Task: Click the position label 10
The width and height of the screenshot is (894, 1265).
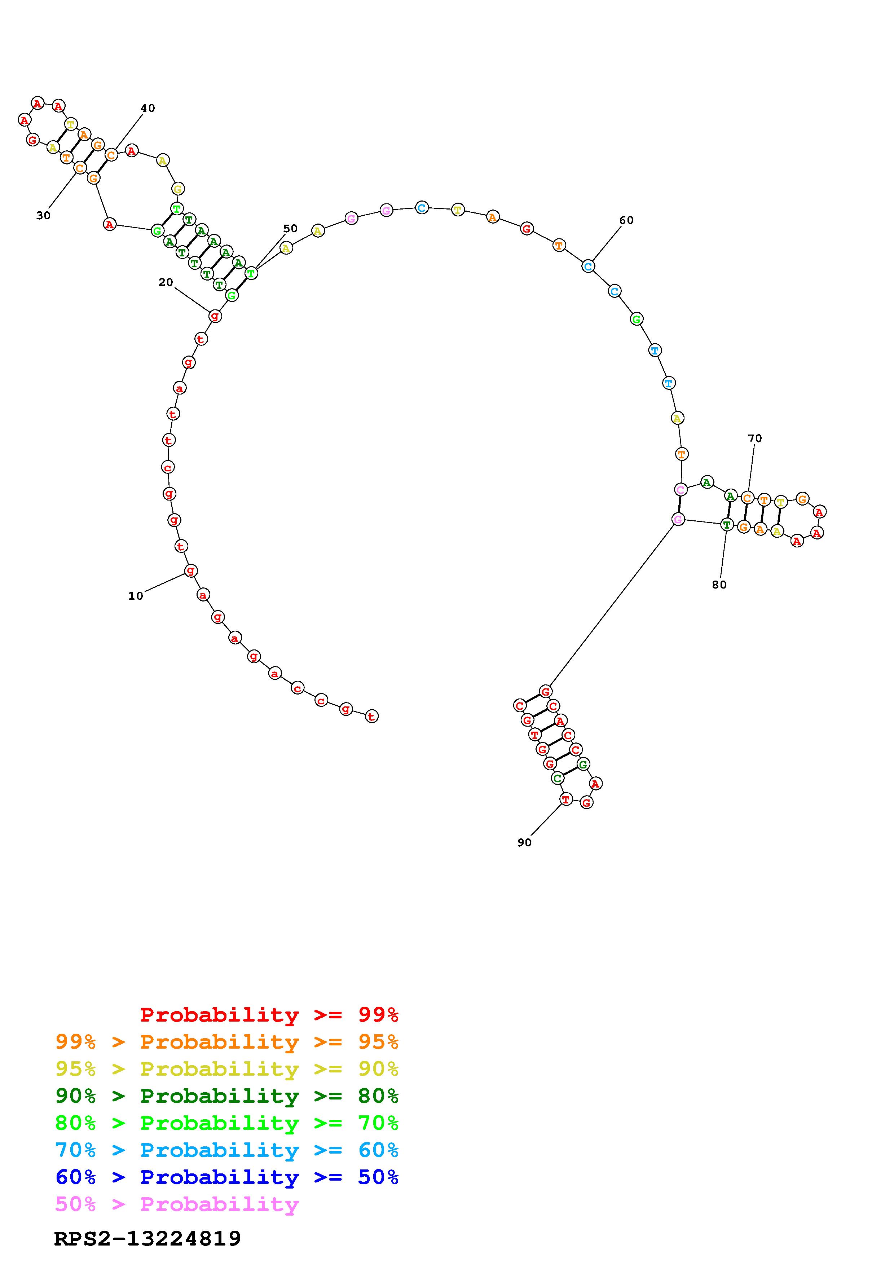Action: coord(136,596)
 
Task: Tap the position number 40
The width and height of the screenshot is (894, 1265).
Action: coord(147,108)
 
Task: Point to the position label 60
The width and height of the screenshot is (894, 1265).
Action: coord(626,220)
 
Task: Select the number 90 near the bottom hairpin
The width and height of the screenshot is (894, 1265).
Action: coord(524,842)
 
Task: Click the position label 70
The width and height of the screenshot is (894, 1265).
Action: coord(755,438)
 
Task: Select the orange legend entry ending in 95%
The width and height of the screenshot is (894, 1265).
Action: coord(227,1041)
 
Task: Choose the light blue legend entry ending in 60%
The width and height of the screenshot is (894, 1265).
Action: coord(227,1150)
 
